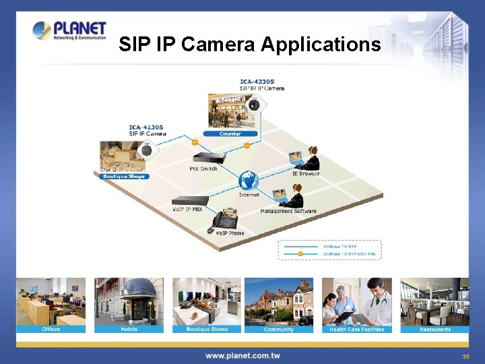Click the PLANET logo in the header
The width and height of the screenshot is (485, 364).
tap(69, 30)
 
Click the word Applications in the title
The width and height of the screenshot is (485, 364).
tap(321, 44)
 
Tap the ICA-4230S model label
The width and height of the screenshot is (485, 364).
tap(257, 82)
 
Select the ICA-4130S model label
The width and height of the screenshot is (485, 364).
tap(146, 127)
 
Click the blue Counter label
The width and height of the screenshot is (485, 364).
tap(230, 133)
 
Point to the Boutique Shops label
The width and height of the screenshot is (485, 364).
tap(123, 177)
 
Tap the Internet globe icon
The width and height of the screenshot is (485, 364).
tap(249, 181)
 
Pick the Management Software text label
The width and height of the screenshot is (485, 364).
tap(288, 211)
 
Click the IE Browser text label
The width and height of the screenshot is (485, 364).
tap(306, 174)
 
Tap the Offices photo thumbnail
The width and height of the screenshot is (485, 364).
tap(51, 301)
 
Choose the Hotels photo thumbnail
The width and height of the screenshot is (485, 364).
tap(129, 301)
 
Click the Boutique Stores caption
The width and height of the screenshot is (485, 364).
tap(207, 329)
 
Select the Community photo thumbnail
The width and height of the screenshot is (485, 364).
tap(279, 301)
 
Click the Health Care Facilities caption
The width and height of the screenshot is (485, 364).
tap(357, 329)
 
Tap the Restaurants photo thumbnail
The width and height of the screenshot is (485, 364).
tap(435, 301)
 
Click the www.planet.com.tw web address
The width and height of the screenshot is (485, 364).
tap(243, 355)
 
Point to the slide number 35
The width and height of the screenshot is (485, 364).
tap(465, 356)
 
